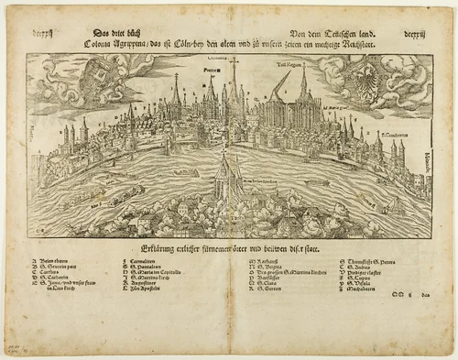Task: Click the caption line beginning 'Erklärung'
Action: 229,247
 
